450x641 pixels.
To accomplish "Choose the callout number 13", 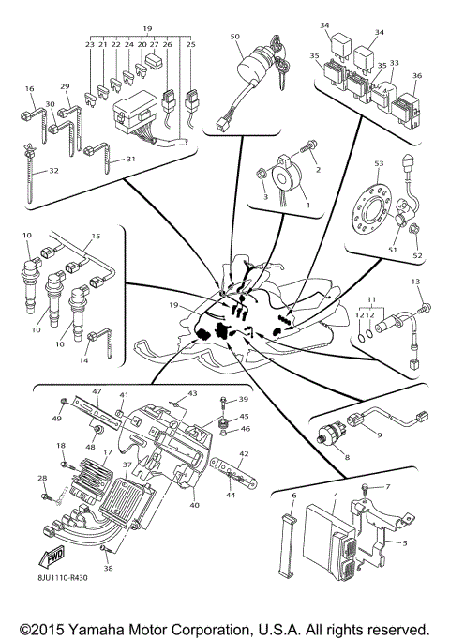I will click(416, 282).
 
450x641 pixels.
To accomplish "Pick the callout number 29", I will click(65, 86).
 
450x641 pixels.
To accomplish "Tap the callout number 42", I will click(243, 453).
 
